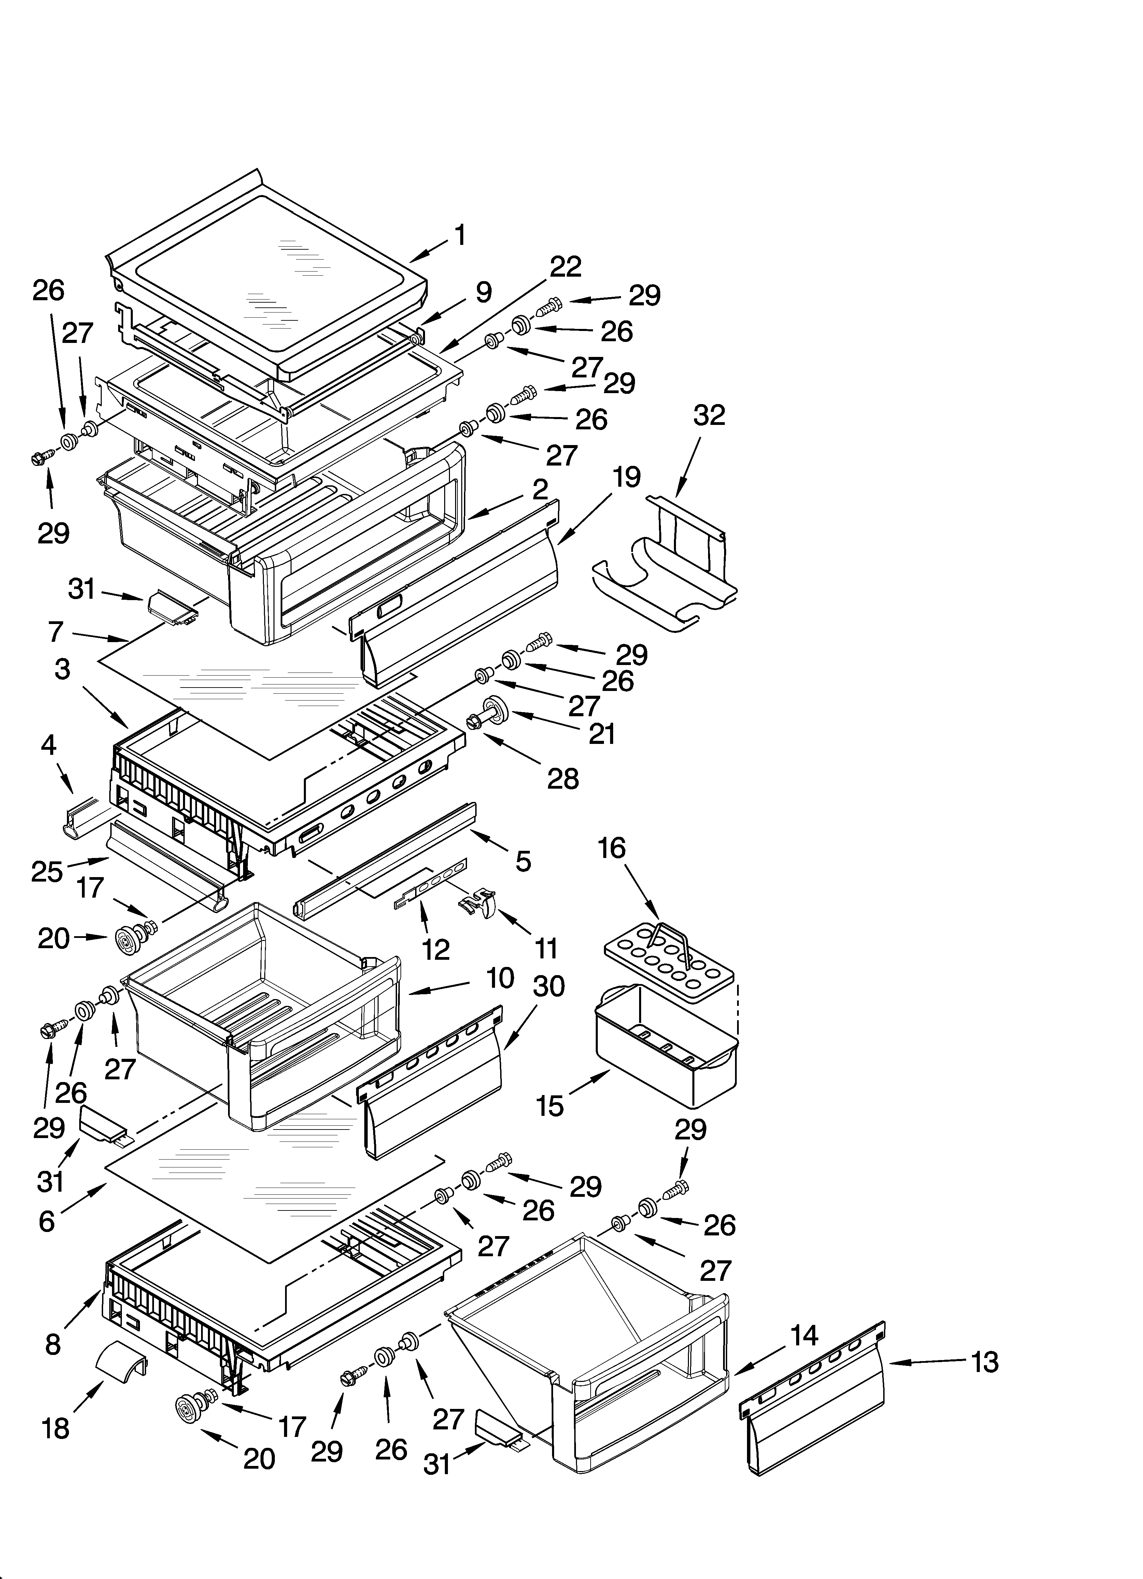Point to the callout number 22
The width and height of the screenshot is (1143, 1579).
tap(565, 267)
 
